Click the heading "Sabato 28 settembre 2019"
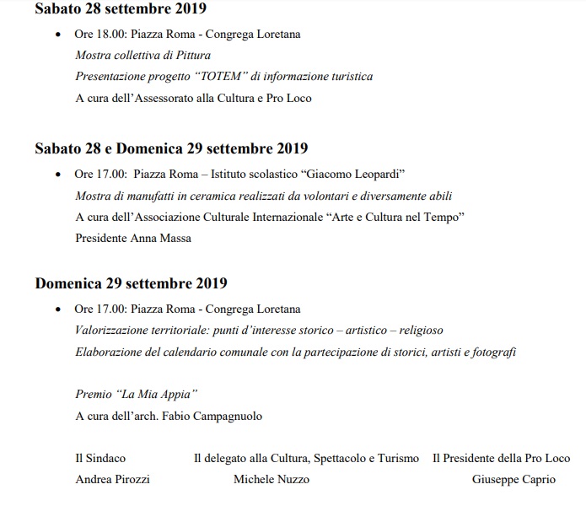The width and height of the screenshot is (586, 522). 121,9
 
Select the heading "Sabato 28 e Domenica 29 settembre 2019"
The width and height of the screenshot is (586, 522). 171,149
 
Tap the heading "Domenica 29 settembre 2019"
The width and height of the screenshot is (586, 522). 131,283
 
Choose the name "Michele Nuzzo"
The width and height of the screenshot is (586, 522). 271,479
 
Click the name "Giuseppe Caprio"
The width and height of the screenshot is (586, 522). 513,479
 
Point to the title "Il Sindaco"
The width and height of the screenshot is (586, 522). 100,458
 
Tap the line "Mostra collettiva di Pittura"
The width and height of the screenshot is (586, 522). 142,56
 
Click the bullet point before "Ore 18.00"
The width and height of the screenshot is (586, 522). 57,35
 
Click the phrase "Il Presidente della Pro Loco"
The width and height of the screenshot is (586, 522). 501,458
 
